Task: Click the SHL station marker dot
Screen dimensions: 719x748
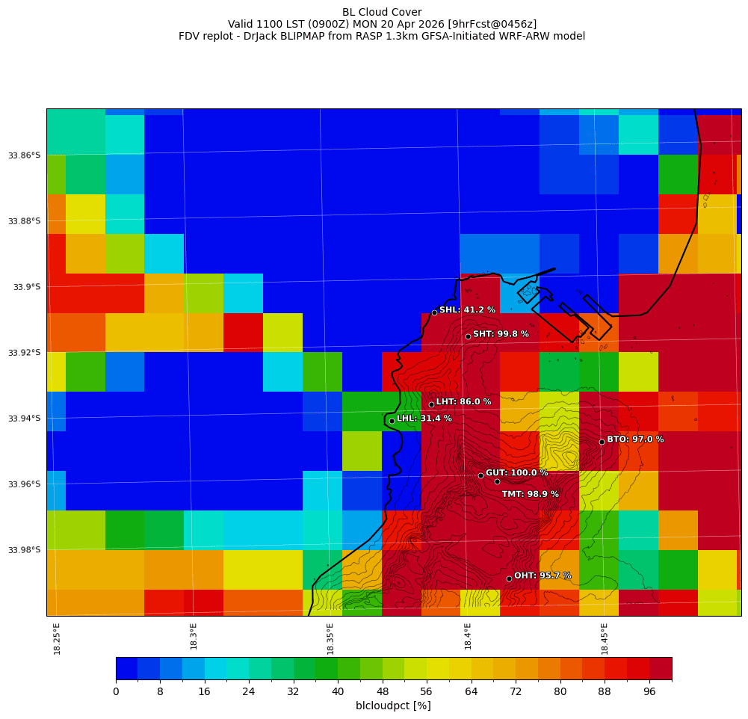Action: pos(434,312)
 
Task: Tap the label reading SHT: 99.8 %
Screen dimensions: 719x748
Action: pos(501,334)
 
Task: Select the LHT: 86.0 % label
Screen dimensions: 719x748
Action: pos(464,402)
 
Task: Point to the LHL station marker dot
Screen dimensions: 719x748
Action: pos(392,421)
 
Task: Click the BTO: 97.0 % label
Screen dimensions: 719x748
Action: pos(635,439)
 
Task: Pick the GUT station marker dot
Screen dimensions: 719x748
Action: pos(480,475)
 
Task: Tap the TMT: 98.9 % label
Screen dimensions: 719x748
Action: pos(530,495)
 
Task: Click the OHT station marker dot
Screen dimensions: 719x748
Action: pos(509,578)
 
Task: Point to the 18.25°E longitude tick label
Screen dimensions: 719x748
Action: pos(58,638)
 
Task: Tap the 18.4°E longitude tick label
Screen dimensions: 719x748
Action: pos(468,638)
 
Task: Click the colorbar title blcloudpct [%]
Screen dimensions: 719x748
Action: pos(393,706)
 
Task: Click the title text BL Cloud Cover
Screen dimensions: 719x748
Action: pos(382,12)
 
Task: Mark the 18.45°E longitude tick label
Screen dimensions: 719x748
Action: pos(605,638)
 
